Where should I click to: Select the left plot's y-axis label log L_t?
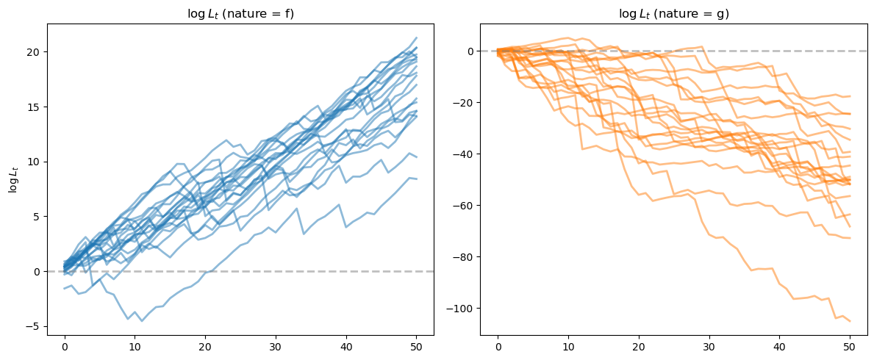point(13,179)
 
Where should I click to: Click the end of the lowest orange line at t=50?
point(850,321)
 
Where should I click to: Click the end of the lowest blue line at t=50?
point(416,179)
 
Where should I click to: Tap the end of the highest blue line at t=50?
point(416,37)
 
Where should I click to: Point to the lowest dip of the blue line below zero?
point(142,321)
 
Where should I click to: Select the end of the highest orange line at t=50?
point(850,96)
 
